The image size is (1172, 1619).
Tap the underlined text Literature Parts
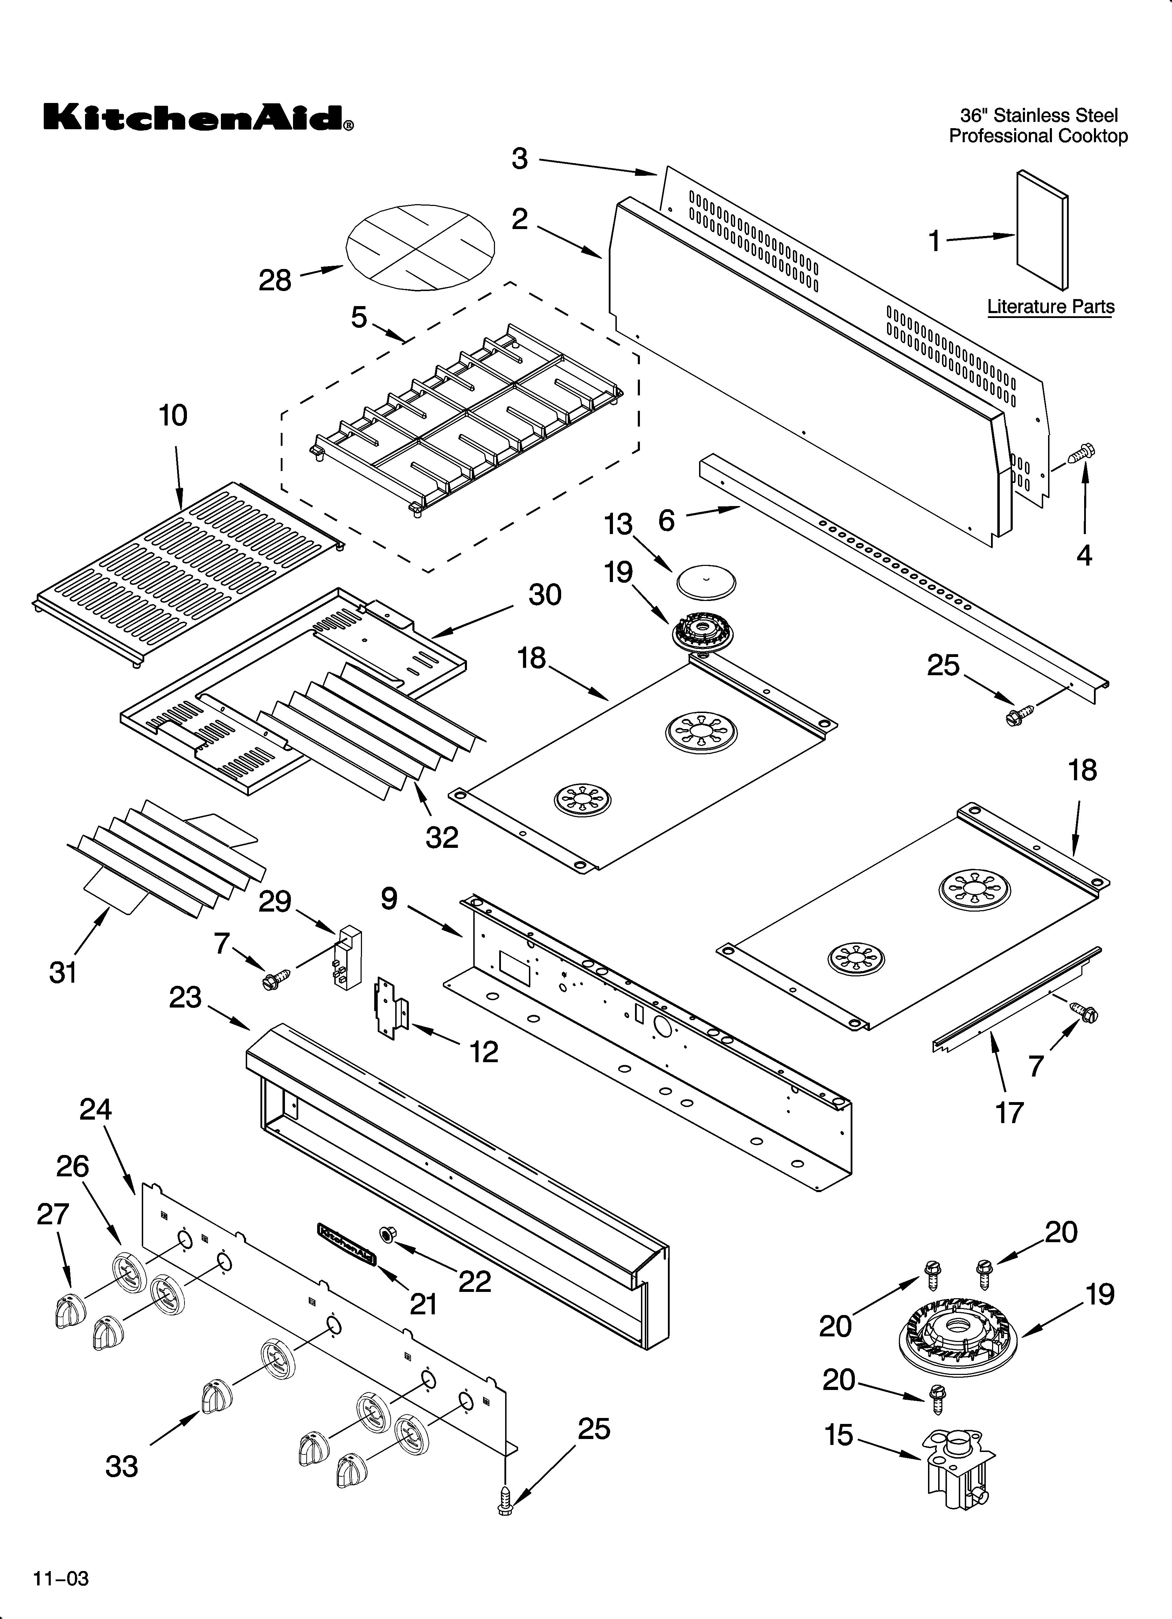(1050, 307)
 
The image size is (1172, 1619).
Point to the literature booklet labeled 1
(1042, 231)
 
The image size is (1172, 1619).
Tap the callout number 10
(173, 415)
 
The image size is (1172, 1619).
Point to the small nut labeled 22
(388, 1233)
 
